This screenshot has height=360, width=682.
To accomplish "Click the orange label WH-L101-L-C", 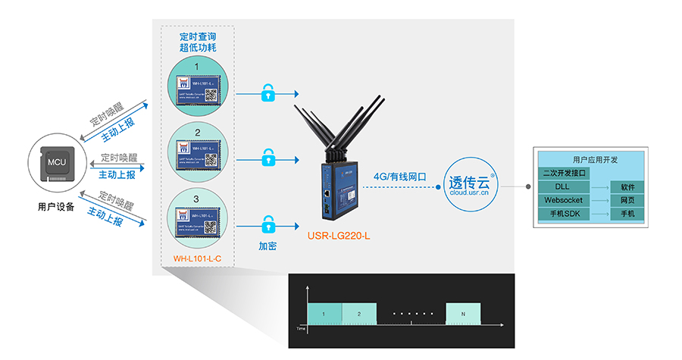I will [198, 259].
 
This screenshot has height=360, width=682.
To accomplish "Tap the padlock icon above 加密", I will [267, 224].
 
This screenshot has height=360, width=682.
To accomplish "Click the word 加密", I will [267, 246].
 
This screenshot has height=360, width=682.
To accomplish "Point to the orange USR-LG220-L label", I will [339, 235].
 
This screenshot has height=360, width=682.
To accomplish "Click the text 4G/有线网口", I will [399, 176].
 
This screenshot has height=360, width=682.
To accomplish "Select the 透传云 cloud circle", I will [469, 186].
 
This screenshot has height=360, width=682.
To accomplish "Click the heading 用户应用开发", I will [595, 160].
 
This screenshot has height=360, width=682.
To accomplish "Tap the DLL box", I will [563, 186].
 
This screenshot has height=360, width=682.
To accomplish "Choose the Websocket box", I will [563, 200].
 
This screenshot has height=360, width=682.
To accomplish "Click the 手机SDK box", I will [563, 214].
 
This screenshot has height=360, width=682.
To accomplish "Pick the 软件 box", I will [627, 186].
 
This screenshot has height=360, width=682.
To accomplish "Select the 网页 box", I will [627, 200].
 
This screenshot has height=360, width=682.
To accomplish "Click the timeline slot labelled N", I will [463, 313].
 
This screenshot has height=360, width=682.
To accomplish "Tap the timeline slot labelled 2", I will [359, 313].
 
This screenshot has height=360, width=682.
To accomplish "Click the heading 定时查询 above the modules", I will [198, 36].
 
